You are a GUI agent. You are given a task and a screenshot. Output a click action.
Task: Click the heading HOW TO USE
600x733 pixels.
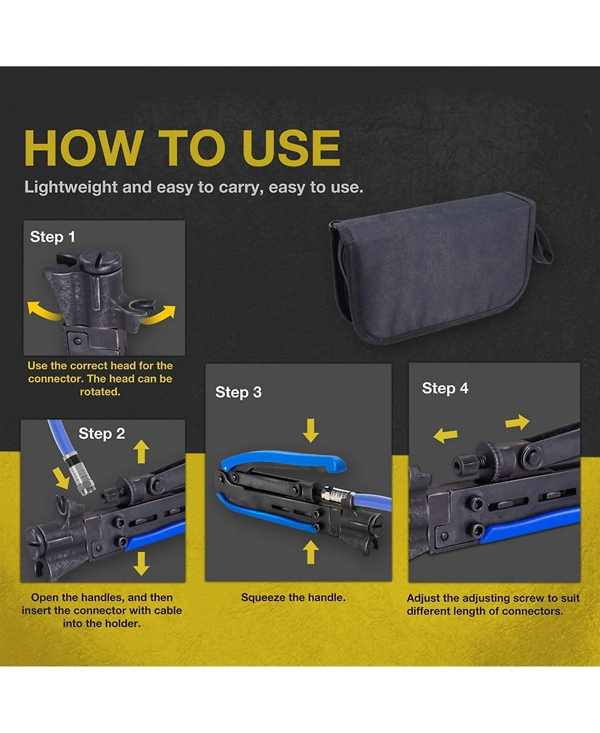pyautogui.click(x=182, y=148)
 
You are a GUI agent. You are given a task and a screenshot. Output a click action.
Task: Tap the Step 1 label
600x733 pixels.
pyautogui.click(x=52, y=236)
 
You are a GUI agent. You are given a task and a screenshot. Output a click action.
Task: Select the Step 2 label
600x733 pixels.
pyautogui.click(x=101, y=434)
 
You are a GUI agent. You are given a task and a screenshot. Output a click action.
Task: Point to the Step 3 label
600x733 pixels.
pyautogui.click(x=238, y=392)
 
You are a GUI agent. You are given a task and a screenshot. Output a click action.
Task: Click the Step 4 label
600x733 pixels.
pyautogui.click(x=445, y=388)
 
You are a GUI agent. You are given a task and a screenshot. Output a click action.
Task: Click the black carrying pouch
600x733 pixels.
pyautogui.click(x=437, y=266)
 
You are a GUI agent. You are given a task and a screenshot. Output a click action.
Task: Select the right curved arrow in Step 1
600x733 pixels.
pyautogui.click(x=159, y=315)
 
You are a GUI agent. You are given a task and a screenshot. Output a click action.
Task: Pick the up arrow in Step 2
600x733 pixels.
pyautogui.click(x=141, y=452)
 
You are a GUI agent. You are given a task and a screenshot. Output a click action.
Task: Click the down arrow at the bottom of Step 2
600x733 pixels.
pyautogui.click(x=141, y=563)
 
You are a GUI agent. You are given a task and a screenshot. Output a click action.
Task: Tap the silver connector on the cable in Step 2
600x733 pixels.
pyautogui.click(x=79, y=473)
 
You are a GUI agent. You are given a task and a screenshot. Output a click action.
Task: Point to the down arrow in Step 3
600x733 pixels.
pyautogui.click(x=310, y=431)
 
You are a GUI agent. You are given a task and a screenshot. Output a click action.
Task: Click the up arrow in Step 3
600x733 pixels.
pyautogui.click(x=310, y=552)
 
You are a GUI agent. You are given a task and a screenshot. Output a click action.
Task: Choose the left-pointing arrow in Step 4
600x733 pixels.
pyautogui.click(x=445, y=436)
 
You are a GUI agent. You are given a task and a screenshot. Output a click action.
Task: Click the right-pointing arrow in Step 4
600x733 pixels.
pyautogui.click(x=517, y=422)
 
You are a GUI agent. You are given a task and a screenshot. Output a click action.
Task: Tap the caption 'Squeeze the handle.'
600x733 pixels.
pyautogui.click(x=293, y=597)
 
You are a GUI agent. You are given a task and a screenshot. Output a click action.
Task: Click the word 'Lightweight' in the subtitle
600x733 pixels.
pyautogui.click(x=71, y=188)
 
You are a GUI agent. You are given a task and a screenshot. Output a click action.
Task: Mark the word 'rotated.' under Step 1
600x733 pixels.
pyautogui.click(x=100, y=392)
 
